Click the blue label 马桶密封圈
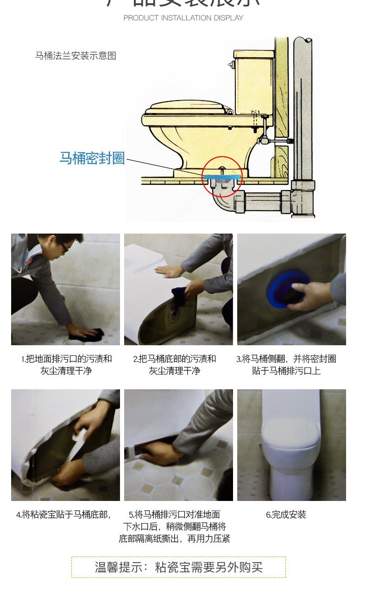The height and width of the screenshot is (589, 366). click(92, 158)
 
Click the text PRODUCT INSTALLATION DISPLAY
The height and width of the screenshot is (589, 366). click(183, 18)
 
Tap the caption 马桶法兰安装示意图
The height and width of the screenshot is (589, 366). click(76, 56)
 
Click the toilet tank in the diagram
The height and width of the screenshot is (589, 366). click(254, 83)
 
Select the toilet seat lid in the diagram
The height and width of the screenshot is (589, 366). click(188, 108)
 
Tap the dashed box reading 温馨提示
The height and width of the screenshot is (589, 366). click(178, 567)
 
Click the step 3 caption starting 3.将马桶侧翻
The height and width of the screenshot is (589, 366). click(286, 365)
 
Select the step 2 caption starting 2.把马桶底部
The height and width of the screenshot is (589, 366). click(174, 365)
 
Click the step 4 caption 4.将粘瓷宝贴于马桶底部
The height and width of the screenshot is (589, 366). click(63, 514)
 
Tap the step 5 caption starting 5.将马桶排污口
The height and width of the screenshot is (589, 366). click(174, 526)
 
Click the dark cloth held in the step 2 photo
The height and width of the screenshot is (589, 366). click(180, 295)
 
